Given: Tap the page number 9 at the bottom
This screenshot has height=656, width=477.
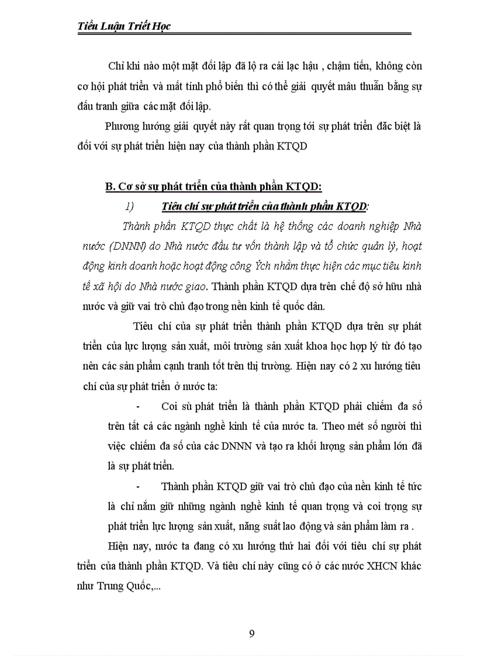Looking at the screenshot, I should (x=251, y=634).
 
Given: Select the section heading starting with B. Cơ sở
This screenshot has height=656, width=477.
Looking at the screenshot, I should (x=213, y=186).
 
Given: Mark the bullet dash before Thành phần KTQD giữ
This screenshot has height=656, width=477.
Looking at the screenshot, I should (x=138, y=486).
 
